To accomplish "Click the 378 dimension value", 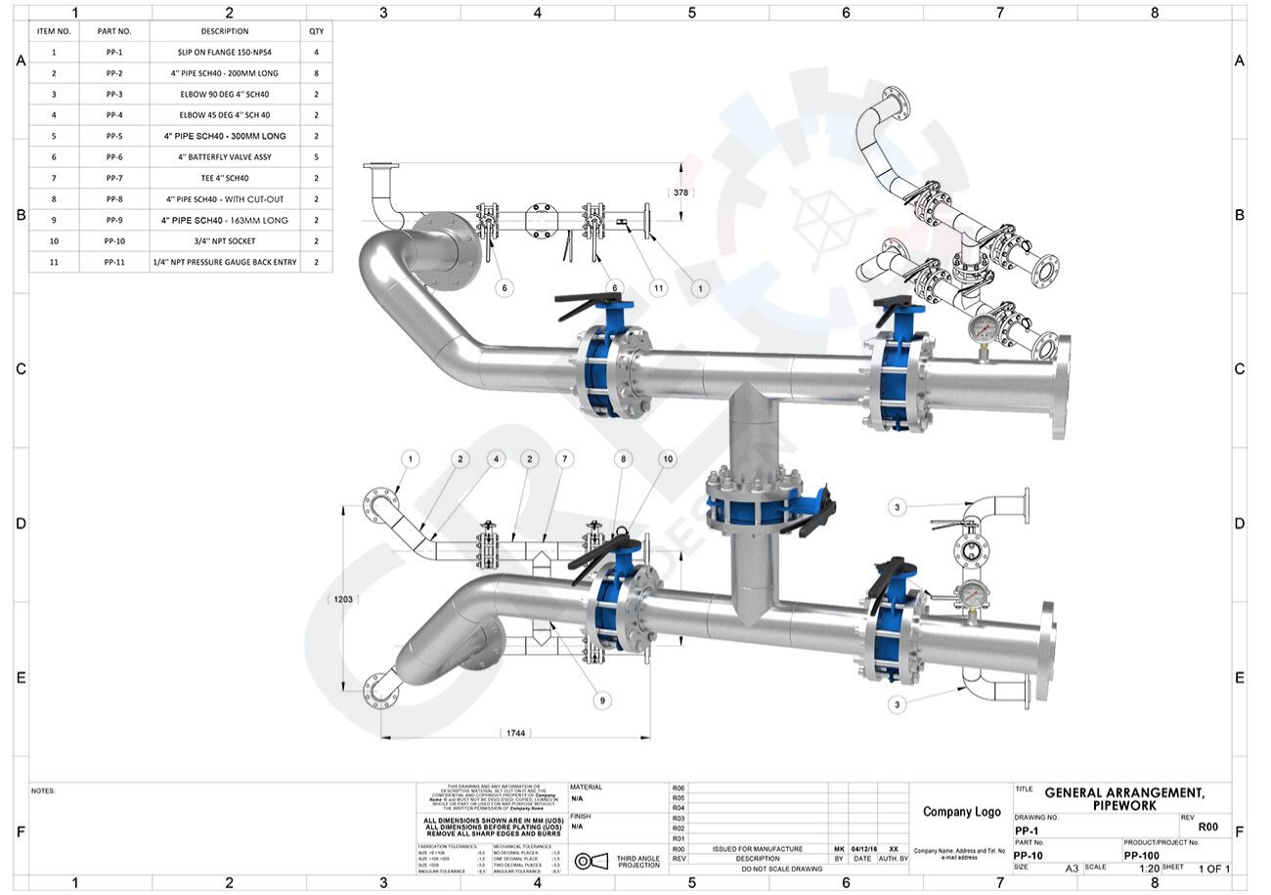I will click(681, 192).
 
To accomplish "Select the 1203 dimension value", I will click(343, 599).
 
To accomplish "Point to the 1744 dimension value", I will click(516, 733).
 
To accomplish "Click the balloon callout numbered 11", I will click(658, 287).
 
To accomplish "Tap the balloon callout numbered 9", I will click(602, 700).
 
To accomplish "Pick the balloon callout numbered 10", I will click(667, 458).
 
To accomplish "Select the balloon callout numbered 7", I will click(564, 458).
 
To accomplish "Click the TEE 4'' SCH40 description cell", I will click(226, 178).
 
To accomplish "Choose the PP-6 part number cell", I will click(113, 157).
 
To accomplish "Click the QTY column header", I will click(316, 31).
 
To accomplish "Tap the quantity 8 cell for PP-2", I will click(316, 73).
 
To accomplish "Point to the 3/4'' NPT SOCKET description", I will click(226, 240).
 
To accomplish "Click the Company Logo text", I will click(960, 812).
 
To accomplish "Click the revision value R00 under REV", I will click(1208, 827).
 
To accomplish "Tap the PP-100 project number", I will click(1142, 855).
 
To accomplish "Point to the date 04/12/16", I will click(862, 849).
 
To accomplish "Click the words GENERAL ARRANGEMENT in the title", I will click(1124, 792).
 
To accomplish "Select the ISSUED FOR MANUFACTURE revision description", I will click(757, 849).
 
